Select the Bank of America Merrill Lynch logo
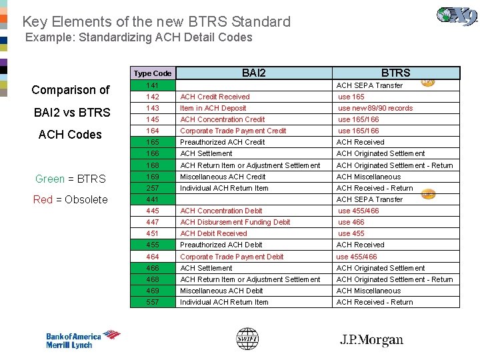(83, 339)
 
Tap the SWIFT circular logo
(247, 339)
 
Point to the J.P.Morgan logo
(371, 340)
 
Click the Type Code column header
(152, 73)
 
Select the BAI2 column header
(253, 73)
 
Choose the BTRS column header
(395, 73)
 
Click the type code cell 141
(152, 85)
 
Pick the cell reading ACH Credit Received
(215, 97)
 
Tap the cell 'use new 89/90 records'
(375, 108)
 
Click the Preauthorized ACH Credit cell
(222, 142)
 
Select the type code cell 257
(152, 188)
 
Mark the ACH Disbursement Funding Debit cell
(235, 222)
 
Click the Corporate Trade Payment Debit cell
(231, 257)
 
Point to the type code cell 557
(152, 302)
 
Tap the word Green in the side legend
(49, 179)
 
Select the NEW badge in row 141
(428, 83)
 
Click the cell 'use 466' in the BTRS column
(351, 222)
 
